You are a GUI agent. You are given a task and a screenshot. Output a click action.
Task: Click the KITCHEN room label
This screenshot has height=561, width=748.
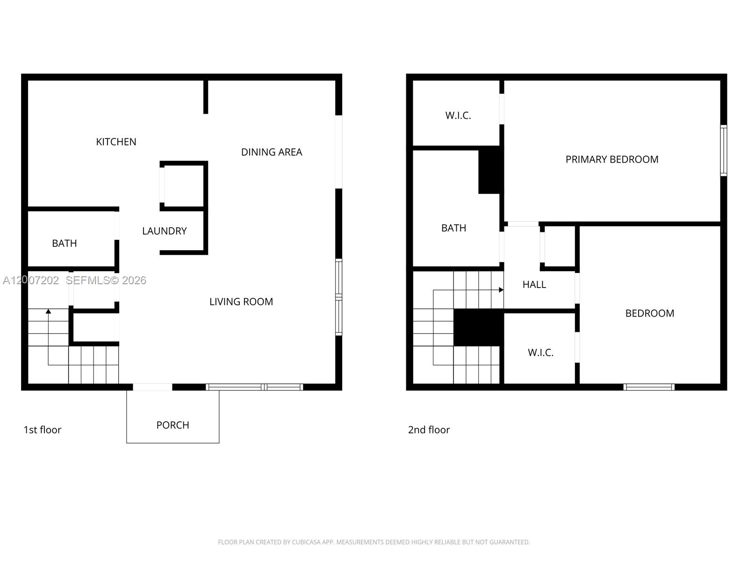(116, 142)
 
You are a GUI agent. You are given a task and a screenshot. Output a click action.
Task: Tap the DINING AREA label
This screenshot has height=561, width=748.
(271, 152)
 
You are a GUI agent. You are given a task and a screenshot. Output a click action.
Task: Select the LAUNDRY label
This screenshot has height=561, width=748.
(164, 231)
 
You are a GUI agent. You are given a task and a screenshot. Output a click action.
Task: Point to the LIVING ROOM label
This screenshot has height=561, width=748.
(241, 302)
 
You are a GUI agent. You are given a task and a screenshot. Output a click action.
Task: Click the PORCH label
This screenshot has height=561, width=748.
(173, 425)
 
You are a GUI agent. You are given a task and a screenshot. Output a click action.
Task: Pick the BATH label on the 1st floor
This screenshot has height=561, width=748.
(64, 243)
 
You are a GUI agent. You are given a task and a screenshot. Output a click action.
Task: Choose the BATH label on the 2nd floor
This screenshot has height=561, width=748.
(453, 228)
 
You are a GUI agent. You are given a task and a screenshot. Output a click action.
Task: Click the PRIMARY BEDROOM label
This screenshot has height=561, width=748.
(611, 159)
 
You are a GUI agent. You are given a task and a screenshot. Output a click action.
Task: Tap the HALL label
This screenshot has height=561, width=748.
(534, 284)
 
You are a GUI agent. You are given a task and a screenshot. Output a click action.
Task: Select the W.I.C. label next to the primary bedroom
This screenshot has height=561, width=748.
(458, 115)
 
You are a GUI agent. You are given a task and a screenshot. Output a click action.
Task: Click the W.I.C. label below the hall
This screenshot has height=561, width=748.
(540, 352)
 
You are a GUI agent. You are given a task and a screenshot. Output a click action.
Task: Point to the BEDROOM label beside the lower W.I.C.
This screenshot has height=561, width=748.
(649, 313)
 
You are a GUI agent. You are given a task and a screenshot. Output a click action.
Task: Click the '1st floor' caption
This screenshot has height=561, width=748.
(42, 430)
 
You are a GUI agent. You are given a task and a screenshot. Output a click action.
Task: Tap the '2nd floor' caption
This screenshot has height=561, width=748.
(428, 430)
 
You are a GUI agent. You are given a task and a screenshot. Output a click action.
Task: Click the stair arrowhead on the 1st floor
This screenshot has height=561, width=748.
(48, 311)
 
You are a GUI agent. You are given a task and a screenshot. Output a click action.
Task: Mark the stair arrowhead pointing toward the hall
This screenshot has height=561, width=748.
(501, 290)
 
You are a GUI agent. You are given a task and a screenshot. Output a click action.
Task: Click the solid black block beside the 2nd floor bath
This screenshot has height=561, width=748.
(489, 170)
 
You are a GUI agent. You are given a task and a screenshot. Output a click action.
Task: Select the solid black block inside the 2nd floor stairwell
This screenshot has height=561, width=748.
(478, 327)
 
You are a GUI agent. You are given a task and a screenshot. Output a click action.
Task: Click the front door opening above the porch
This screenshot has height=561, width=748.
(152, 387)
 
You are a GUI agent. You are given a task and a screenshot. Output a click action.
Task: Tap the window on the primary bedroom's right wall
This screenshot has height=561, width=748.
(723, 151)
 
